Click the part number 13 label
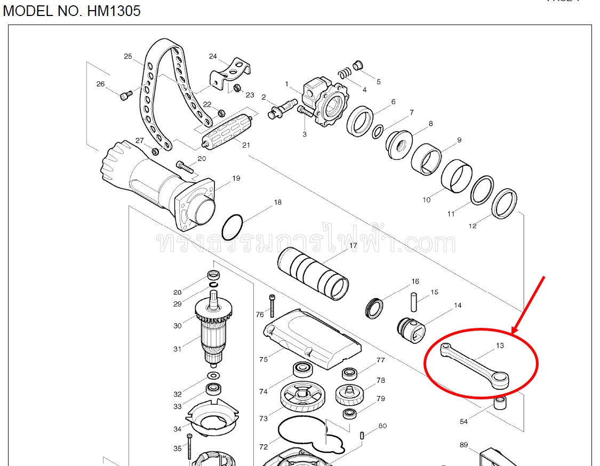point(500,346)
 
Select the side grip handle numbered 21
point(227,131)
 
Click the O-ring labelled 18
point(232,227)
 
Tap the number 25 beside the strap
point(127,56)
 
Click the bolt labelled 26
point(125,95)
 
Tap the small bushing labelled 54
point(501,403)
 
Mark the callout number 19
point(236,178)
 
